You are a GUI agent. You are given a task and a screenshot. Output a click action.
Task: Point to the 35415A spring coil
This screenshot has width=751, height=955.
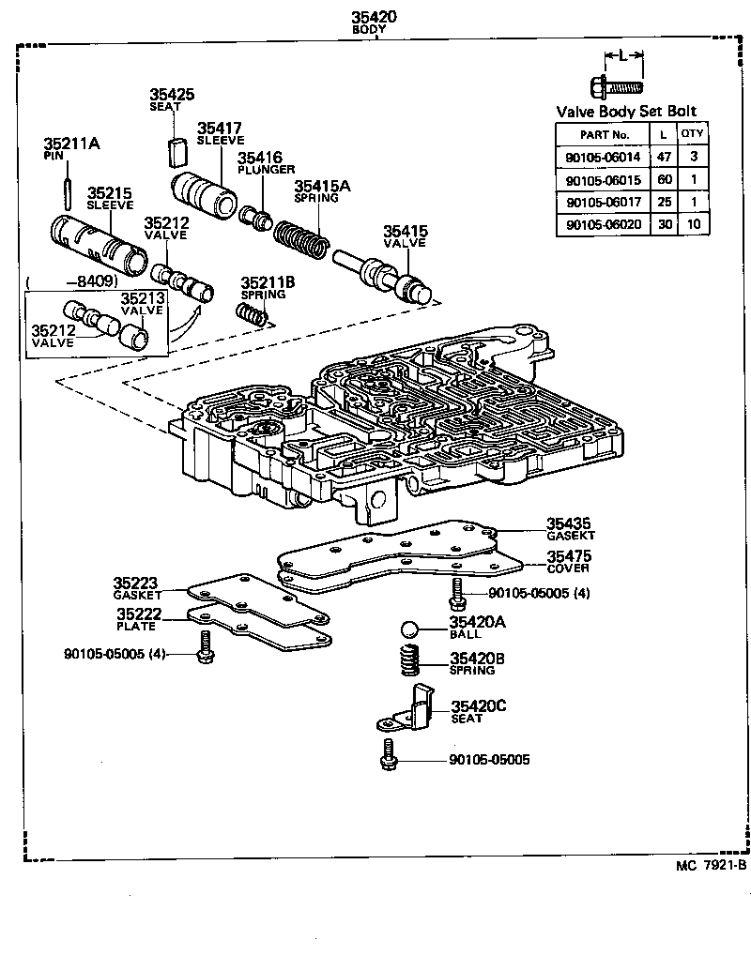(x=302, y=242)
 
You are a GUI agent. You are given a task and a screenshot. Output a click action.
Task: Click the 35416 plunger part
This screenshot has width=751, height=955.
(x=256, y=219)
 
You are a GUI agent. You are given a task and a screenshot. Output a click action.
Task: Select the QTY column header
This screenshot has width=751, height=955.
(x=692, y=133)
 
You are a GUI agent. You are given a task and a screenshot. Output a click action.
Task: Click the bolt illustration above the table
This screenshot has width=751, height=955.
(x=616, y=86)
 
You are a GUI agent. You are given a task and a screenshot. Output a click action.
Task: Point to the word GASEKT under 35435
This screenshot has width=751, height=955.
(x=571, y=535)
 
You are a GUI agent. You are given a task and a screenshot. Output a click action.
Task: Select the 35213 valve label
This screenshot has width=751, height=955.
(x=143, y=304)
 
